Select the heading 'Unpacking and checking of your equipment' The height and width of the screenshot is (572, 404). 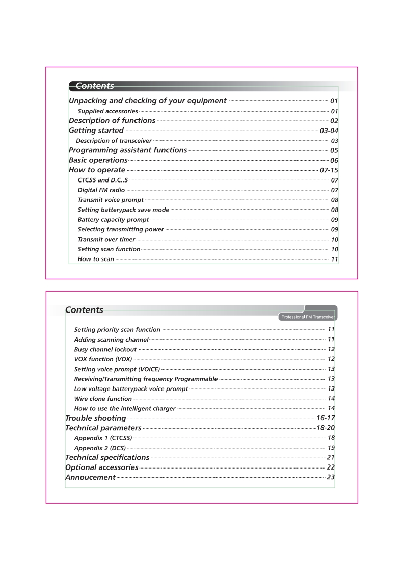(147, 101)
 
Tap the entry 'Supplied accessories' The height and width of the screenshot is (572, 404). (107, 111)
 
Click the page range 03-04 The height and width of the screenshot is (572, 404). (329, 131)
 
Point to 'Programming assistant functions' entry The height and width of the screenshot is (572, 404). (128, 150)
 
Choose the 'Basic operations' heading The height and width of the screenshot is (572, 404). (98, 160)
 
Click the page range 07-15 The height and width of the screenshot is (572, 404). (329, 170)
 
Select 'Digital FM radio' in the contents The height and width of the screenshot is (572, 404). (101, 190)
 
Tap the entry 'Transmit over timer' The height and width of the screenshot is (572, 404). (106, 240)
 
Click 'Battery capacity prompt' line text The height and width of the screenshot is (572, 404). (113, 220)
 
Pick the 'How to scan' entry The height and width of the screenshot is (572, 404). (96, 259)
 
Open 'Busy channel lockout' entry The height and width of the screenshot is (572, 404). (105, 350)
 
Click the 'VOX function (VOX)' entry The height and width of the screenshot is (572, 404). (103, 359)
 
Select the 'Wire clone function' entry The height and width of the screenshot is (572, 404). (103, 399)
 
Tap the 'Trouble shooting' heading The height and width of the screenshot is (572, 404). (95, 419)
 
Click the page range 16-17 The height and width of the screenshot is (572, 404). (326, 419)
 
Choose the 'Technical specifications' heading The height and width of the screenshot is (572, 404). (107, 458)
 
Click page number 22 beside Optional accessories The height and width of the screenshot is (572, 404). (331, 467)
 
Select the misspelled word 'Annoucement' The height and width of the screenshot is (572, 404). (90, 478)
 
